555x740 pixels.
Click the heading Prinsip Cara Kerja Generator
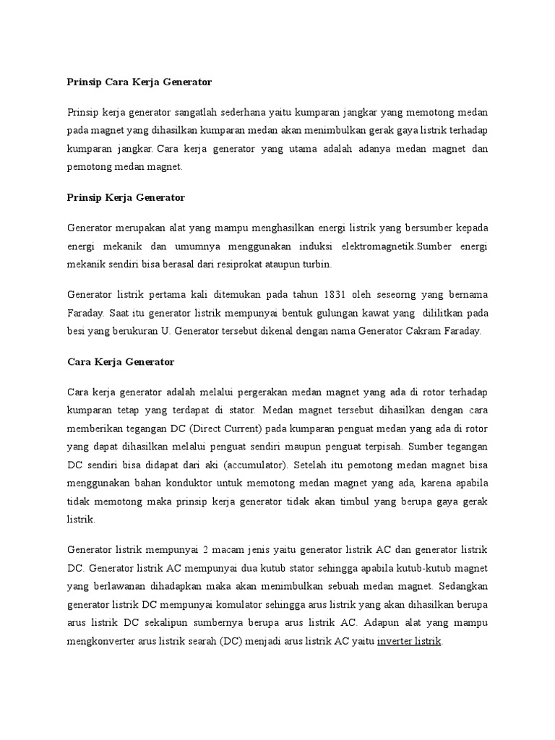pos(139,82)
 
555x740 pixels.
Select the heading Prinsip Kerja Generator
pos(126,197)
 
